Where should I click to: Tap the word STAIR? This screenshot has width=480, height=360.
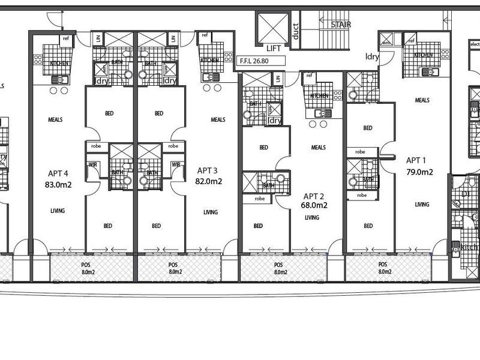click(x=341, y=25)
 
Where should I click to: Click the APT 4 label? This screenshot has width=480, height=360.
click(x=58, y=174)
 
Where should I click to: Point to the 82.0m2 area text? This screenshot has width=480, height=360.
click(x=209, y=181)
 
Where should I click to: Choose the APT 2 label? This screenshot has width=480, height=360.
click(x=314, y=196)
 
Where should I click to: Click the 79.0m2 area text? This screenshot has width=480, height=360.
click(x=420, y=171)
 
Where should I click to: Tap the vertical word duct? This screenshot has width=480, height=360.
click(x=295, y=31)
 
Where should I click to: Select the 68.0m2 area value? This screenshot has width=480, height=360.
click(x=314, y=205)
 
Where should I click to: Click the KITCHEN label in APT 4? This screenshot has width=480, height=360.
click(x=59, y=63)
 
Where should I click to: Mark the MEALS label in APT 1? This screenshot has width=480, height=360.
click(x=422, y=100)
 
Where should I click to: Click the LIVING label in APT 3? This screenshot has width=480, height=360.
click(x=210, y=212)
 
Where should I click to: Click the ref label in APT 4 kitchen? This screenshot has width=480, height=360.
click(x=65, y=38)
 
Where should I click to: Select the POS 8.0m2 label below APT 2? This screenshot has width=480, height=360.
click(x=278, y=268)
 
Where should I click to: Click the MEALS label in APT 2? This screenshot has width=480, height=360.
click(x=318, y=147)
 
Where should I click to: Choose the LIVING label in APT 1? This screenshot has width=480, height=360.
click(x=422, y=205)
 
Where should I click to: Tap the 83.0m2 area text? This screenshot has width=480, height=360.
click(x=58, y=185)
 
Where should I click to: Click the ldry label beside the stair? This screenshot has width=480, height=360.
click(x=372, y=57)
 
